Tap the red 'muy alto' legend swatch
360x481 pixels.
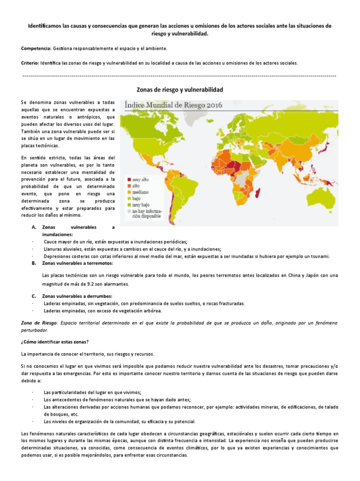[x=127, y=180]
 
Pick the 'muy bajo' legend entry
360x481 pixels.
[x=142, y=204]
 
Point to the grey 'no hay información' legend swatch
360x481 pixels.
[x=127, y=211]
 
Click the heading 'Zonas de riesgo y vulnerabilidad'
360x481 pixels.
[x=180, y=89]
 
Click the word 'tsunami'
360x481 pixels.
[x=319, y=256]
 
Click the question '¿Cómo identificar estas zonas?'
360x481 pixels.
[x=55, y=341]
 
